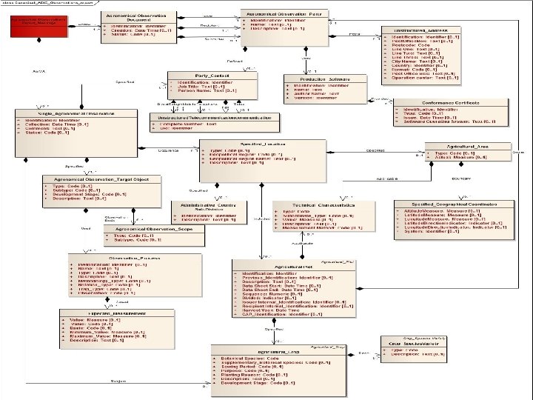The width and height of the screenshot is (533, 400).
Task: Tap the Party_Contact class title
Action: pyautogui.click(x=211, y=75)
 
